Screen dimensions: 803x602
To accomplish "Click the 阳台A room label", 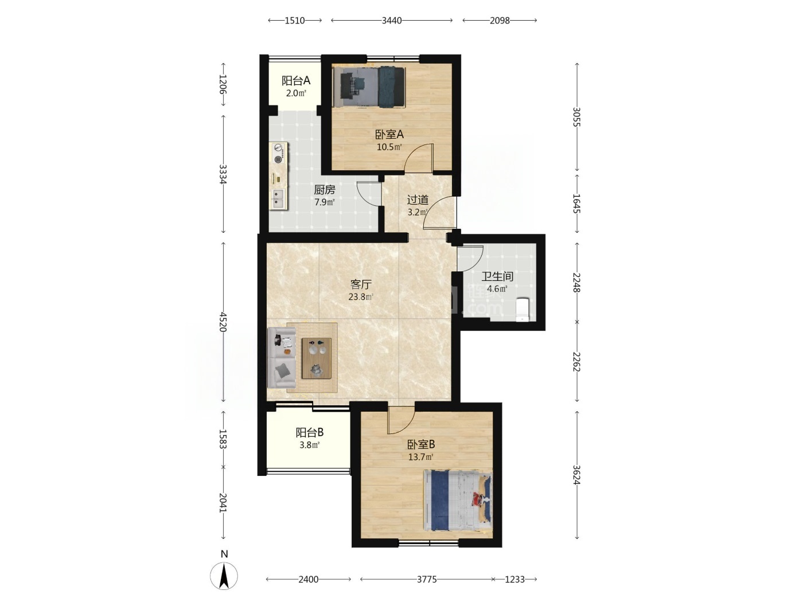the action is point(295,80).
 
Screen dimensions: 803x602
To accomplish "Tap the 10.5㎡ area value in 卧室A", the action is point(389,147).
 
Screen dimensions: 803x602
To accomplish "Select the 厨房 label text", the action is point(325,190).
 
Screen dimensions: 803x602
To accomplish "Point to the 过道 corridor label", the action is point(418,200).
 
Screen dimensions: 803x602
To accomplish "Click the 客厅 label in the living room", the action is point(361,284).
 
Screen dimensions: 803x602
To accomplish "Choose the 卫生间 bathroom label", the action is point(497,276).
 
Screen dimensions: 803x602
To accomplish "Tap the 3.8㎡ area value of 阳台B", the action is point(310,445).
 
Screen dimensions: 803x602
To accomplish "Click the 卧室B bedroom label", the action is point(421,444).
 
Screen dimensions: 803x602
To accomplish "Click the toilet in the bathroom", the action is point(523,310).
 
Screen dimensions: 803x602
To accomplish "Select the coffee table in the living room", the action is point(317,358).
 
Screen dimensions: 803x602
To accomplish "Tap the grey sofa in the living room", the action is point(281,357).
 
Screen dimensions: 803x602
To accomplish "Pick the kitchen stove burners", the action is point(279,154).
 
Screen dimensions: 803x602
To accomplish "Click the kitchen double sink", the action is point(278,199).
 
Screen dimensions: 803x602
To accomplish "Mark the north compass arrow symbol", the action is point(224,576).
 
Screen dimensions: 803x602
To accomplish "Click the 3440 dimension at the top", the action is point(392,21).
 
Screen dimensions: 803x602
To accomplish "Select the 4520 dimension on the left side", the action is point(223,322).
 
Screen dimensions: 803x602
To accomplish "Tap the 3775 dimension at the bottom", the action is point(427,579).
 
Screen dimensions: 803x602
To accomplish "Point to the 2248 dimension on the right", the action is point(577,283).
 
